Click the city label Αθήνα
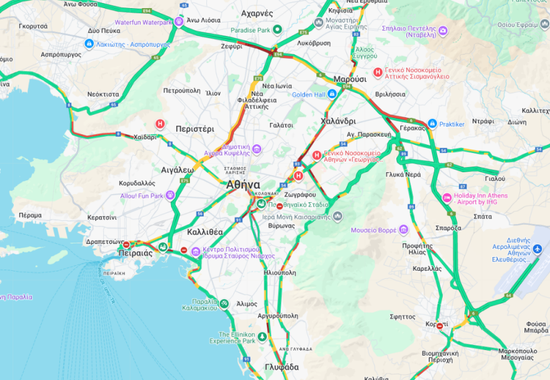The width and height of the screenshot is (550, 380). pyautogui.click(x=243, y=185)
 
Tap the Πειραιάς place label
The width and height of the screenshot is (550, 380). pyautogui.click(x=135, y=253)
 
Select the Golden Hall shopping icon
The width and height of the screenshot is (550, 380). pyautogui.click(x=332, y=94)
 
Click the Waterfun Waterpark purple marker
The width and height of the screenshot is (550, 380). pyautogui.click(x=179, y=22)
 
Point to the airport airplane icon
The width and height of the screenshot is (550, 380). pyautogui.click(x=537, y=250)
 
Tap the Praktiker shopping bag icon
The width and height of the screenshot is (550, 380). pyautogui.click(x=432, y=124)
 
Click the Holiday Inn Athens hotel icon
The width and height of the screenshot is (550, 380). pyautogui.click(x=447, y=198)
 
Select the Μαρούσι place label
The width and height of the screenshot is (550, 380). pyautogui.click(x=350, y=79)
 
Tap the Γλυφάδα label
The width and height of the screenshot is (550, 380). pyautogui.click(x=281, y=367)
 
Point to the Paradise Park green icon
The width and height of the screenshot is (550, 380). pyautogui.click(x=278, y=29)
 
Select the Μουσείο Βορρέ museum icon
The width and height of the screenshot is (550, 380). pyautogui.click(x=403, y=230)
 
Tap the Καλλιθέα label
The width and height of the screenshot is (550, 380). pyautogui.click(x=204, y=231)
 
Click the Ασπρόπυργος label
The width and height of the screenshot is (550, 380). pyautogui.click(x=61, y=54)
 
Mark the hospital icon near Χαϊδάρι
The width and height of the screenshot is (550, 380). pyautogui.click(x=161, y=124)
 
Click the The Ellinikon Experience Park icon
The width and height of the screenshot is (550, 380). pyautogui.click(x=262, y=337)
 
